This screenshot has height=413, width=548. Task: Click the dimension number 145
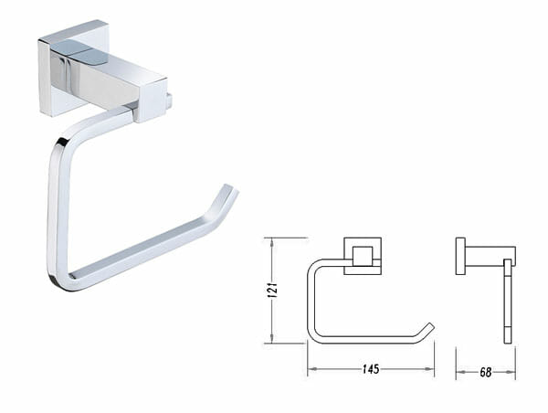(x=371, y=369)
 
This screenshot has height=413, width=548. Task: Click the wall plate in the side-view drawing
(x=460, y=256)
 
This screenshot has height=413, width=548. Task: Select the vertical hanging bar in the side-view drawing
(x=508, y=302)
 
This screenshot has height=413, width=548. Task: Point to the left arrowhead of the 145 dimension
(x=311, y=369)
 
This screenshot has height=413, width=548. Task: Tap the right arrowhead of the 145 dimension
(x=430, y=369)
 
